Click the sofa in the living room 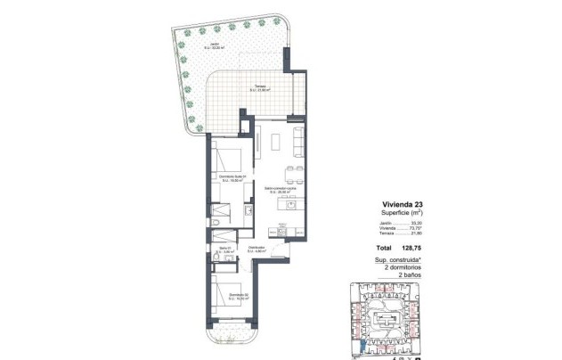pyautogui.click(x=298, y=140)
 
